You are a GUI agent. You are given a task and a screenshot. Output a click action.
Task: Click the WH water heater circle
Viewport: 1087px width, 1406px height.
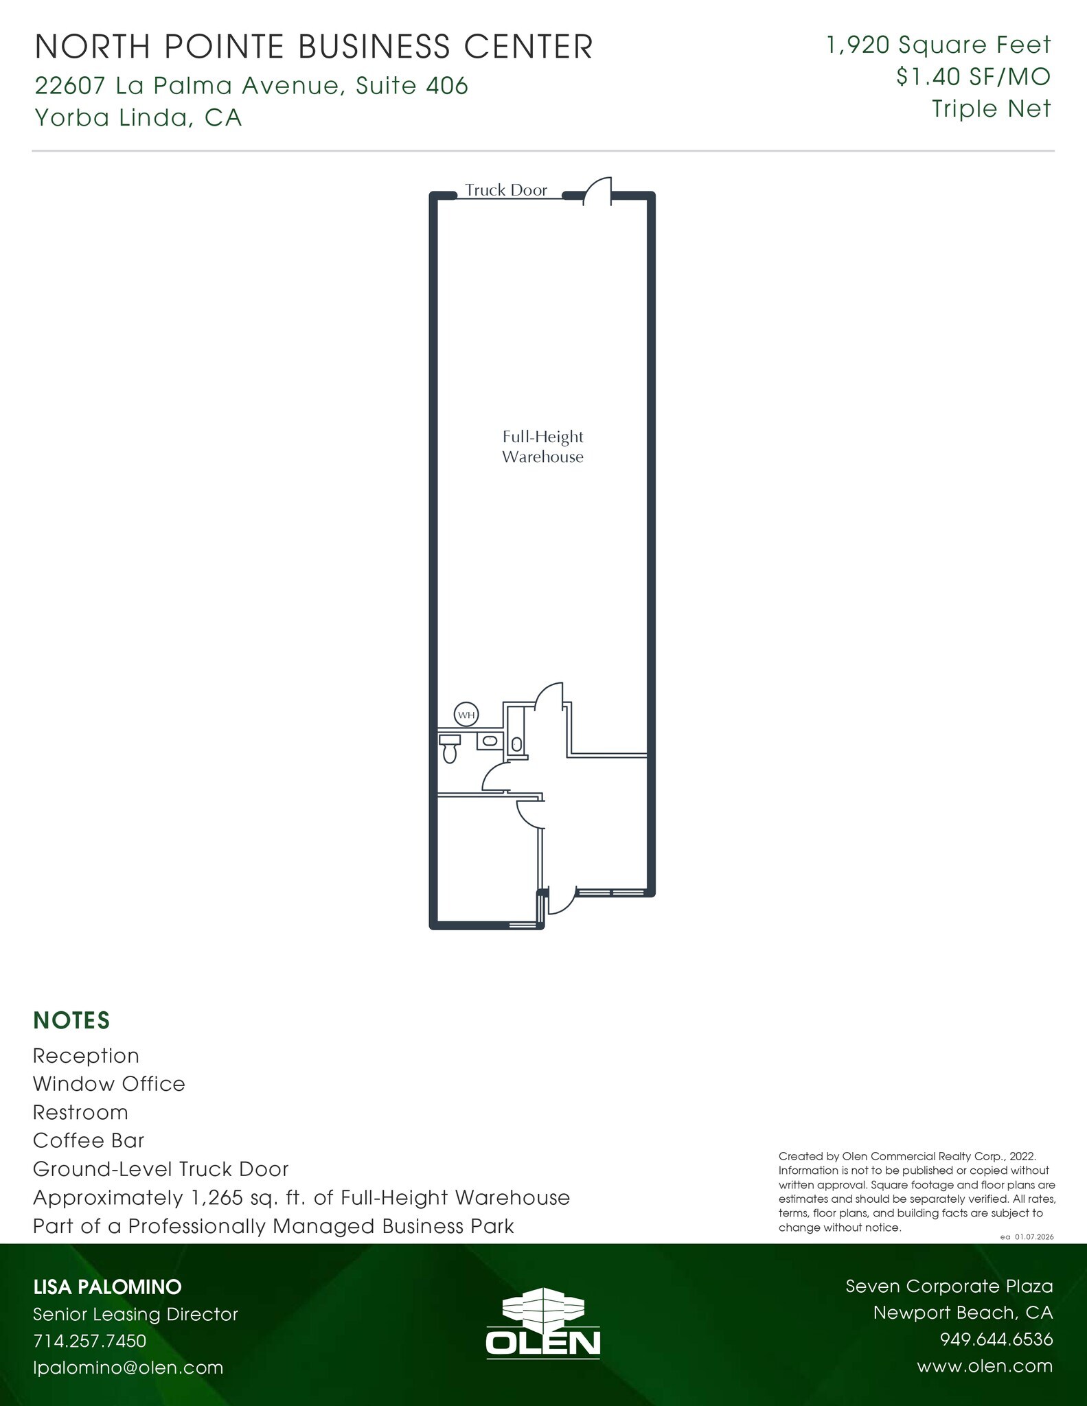[466, 715]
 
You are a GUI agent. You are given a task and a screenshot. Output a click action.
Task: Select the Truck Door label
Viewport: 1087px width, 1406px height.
[506, 190]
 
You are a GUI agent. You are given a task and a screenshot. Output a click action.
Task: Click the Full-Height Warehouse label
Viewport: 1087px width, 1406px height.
[542, 447]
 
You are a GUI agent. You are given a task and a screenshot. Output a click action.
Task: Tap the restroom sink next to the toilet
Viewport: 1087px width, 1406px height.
[488, 741]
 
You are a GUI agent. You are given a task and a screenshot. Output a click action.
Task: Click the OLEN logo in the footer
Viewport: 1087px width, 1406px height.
[542, 1327]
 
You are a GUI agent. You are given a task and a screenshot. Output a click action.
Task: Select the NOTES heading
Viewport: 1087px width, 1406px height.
[71, 1021]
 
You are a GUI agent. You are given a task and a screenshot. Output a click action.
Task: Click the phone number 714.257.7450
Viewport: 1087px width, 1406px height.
[90, 1340]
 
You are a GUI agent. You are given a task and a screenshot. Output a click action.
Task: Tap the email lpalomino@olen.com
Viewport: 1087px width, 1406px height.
[128, 1367]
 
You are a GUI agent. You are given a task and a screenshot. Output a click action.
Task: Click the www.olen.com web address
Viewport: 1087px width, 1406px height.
[984, 1365]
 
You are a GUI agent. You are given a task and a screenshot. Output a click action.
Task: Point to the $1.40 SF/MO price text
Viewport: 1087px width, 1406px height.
[973, 77]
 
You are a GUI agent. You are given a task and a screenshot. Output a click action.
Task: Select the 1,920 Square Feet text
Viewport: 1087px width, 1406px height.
[938, 45]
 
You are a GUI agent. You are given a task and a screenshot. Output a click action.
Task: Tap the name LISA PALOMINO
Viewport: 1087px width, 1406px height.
[107, 1287]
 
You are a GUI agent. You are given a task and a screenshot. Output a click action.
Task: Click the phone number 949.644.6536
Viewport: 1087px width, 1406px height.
[996, 1339]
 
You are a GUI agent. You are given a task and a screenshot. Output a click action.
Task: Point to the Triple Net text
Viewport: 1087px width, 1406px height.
[991, 108]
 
